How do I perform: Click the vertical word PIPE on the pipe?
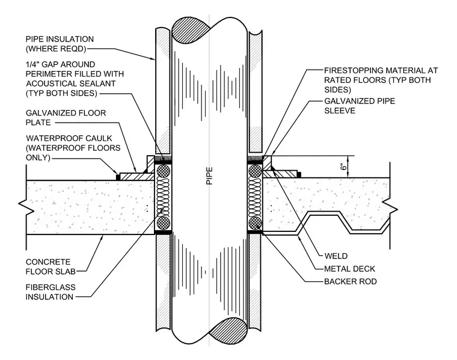pos(209,175)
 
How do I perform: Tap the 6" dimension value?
pos(344,166)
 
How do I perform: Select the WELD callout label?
pos(336,256)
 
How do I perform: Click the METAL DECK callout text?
pos(350,269)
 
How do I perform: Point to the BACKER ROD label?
pos(351,281)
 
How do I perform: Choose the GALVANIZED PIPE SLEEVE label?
pos(360,106)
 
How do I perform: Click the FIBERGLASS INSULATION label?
pos(51,292)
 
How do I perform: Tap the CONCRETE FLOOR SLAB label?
pos(51,267)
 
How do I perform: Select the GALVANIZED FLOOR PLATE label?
pos(66,118)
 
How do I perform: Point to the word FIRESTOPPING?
pos(352,70)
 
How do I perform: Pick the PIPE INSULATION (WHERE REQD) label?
pos(60,44)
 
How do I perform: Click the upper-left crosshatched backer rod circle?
pos(163,171)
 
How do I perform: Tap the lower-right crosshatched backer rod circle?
pos(255,223)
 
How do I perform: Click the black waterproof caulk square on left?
pos(118,177)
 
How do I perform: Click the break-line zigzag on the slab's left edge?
pos(25,207)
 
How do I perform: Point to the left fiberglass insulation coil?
pos(163,197)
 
